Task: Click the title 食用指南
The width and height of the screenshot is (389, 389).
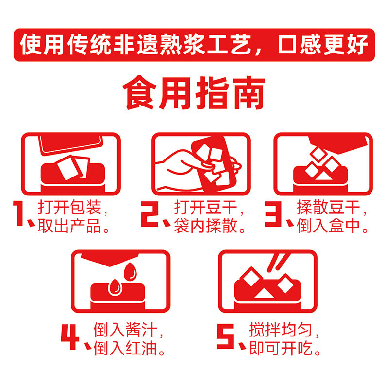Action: pyautogui.click(x=194, y=93)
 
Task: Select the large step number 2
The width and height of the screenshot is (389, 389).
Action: pyautogui.click(x=149, y=214)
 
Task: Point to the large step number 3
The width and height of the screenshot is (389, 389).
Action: pyautogui.click(x=273, y=214)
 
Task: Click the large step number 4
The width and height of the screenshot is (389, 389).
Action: pyautogui.click(x=70, y=336)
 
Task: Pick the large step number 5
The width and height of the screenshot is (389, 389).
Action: pyautogui.click(x=225, y=336)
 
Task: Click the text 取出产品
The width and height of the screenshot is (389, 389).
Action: pyautogui.click(x=70, y=226)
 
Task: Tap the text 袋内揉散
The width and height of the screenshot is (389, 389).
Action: pyautogui.click(x=205, y=226)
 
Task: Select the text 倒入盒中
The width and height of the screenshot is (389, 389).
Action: pyautogui.click(x=329, y=226)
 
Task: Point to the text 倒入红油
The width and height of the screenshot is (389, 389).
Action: pyautogui.click(x=125, y=349)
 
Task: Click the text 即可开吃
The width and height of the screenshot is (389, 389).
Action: pyautogui.click(x=281, y=349)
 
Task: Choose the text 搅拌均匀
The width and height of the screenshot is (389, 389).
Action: pyautogui.click(x=281, y=330)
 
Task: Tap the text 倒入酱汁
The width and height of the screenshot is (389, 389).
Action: pyautogui.click(x=125, y=330)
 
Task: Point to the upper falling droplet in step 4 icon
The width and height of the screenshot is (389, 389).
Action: pyautogui.click(x=130, y=271)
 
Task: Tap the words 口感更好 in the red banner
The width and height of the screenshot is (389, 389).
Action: pyautogui.click(x=323, y=45)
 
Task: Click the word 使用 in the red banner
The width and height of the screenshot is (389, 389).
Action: pyautogui.click(x=42, y=45)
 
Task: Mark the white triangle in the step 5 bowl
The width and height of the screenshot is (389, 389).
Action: pyautogui.click(x=264, y=294)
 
